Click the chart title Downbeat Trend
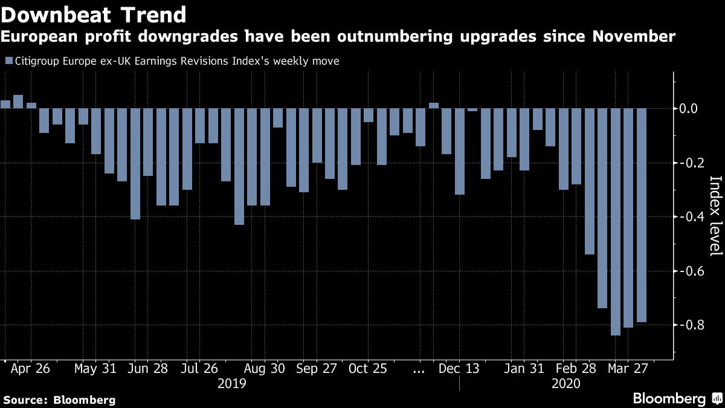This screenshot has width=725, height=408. [94, 14]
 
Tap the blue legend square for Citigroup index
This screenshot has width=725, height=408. [8, 61]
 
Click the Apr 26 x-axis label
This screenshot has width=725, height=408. [30, 369]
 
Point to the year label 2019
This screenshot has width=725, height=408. [231, 384]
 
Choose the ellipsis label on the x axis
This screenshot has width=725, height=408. [418, 369]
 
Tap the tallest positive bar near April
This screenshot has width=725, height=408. [18, 102]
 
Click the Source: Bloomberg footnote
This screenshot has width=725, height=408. [59, 400]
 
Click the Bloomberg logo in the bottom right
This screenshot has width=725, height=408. [677, 398]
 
